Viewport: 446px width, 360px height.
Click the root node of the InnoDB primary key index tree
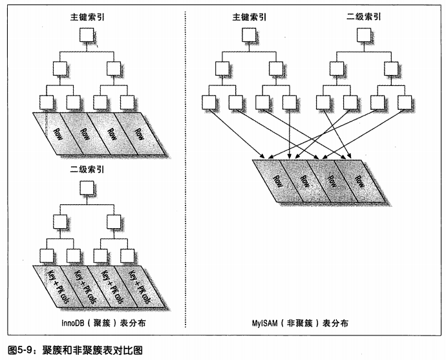(87, 35)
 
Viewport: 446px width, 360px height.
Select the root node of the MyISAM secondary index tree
(364, 35)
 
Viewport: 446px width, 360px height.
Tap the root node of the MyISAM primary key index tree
(249, 35)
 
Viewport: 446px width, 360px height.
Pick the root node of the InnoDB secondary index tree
(87, 187)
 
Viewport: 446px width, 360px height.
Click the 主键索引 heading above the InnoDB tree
(87, 17)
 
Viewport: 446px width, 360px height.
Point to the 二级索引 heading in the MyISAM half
(363, 17)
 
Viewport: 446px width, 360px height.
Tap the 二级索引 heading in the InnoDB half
(87, 170)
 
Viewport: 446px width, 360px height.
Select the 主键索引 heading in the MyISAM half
(249, 17)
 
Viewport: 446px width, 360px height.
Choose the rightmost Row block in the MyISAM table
(359, 181)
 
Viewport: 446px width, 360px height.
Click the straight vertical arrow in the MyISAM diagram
(290, 134)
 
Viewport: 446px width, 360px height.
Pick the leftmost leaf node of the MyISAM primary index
(209, 102)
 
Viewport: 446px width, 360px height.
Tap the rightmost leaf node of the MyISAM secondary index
(404, 102)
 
